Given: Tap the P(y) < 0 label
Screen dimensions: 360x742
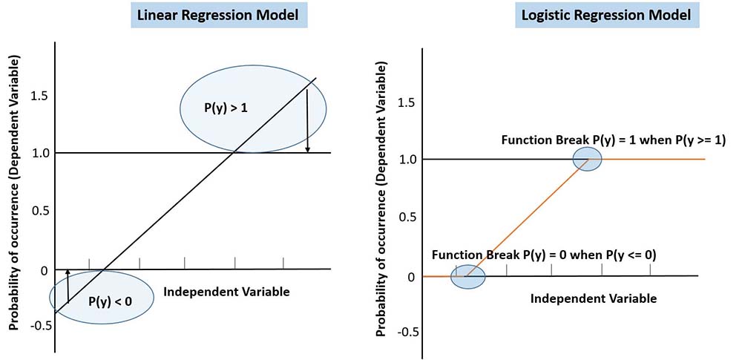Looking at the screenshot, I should (110, 301).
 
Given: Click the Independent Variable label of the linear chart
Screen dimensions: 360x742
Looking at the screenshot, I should (226, 292).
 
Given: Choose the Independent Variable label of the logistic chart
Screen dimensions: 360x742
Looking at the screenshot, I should (594, 299).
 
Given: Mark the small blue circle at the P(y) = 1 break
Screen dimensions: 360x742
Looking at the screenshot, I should (587, 159).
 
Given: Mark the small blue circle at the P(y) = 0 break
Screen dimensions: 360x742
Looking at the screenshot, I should (468, 276).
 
